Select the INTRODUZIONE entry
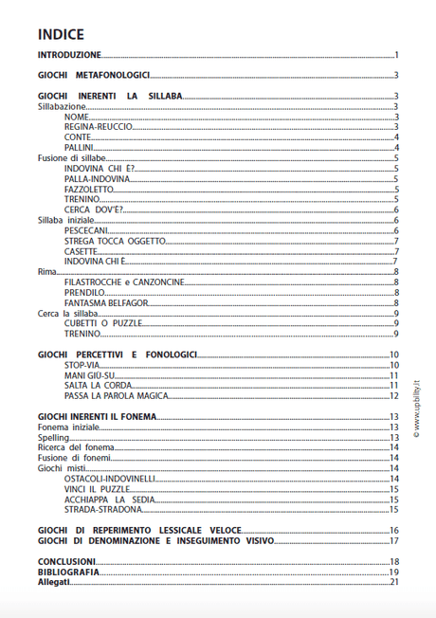(x=69, y=57)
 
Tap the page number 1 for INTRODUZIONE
(x=397, y=57)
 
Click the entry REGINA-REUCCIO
(x=98, y=126)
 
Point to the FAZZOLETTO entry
(x=90, y=189)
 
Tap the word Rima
(x=46, y=272)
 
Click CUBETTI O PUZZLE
(x=102, y=323)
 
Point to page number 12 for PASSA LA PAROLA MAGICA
(x=393, y=395)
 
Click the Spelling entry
(x=53, y=438)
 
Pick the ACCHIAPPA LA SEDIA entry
(x=108, y=500)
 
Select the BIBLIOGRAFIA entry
(x=67, y=572)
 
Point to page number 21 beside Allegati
(x=393, y=582)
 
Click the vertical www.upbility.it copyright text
(x=415, y=398)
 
